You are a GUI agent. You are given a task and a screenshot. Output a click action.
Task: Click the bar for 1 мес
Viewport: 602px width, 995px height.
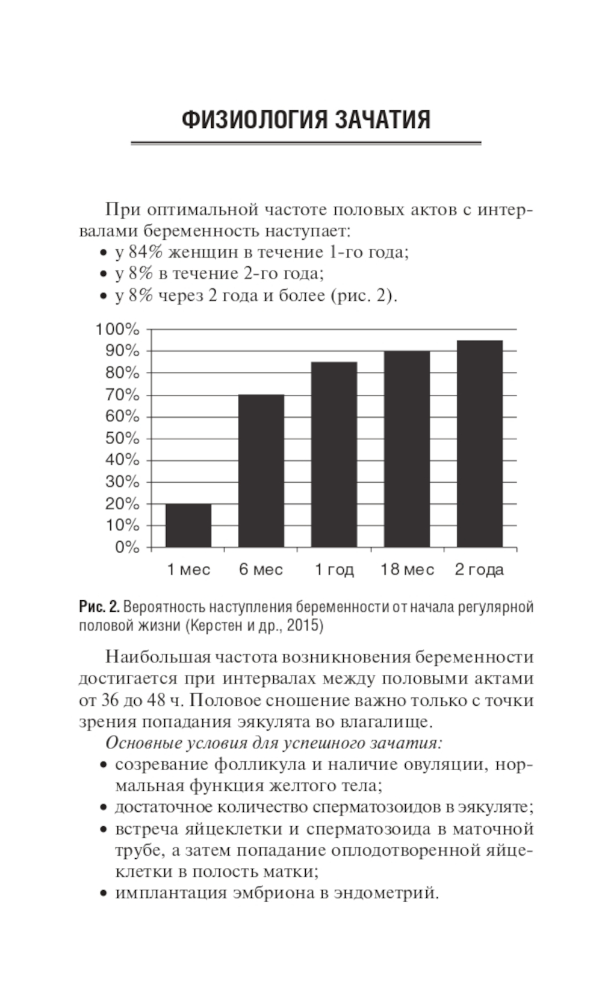pyautogui.click(x=188, y=525)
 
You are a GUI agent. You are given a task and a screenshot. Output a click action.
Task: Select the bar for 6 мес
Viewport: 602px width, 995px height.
pyautogui.click(x=261, y=471)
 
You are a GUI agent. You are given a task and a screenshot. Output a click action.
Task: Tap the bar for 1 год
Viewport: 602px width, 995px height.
pyautogui.click(x=334, y=454)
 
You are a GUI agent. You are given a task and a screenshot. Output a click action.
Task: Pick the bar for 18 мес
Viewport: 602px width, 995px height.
pyautogui.click(x=406, y=449)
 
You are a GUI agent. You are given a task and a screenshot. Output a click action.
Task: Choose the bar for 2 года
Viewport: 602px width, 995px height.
pyautogui.click(x=479, y=444)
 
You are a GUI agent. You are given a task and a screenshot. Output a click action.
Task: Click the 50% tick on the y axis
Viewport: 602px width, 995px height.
pyautogui.click(x=122, y=438)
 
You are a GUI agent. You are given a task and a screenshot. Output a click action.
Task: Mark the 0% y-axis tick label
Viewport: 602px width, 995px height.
pyautogui.click(x=127, y=547)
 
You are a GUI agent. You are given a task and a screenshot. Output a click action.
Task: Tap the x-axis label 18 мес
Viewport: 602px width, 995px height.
pyautogui.click(x=407, y=570)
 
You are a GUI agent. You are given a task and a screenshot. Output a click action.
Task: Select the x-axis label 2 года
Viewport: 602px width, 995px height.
pyautogui.click(x=479, y=570)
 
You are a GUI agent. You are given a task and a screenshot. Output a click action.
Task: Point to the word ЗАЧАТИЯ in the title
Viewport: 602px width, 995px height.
pyautogui.click(x=382, y=120)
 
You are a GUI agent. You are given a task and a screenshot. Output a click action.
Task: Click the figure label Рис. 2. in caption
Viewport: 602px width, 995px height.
pyautogui.click(x=99, y=606)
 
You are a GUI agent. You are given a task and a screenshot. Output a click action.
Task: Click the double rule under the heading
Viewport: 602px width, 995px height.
pyautogui.click(x=306, y=143)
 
